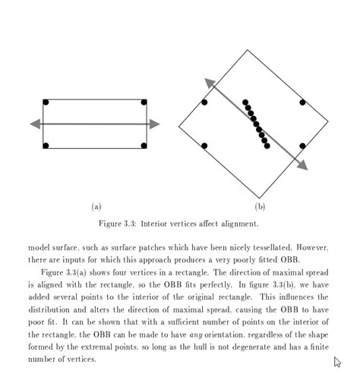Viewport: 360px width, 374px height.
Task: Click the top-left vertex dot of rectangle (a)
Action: (x=46, y=102)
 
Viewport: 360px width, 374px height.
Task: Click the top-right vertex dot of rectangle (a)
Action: (x=144, y=102)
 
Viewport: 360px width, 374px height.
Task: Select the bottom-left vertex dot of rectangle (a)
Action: (x=46, y=145)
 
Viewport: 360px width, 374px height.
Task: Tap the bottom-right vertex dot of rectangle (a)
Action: (x=144, y=145)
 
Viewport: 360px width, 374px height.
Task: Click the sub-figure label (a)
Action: (x=96, y=206)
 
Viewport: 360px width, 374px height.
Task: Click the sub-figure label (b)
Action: (x=261, y=206)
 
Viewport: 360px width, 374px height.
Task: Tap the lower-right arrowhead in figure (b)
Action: (x=302, y=165)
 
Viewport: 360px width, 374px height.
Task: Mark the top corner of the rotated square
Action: (x=248, y=50)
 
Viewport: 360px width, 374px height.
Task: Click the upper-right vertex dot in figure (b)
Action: (x=302, y=102)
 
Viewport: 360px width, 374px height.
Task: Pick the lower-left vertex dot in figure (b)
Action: (x=204, y=146)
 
